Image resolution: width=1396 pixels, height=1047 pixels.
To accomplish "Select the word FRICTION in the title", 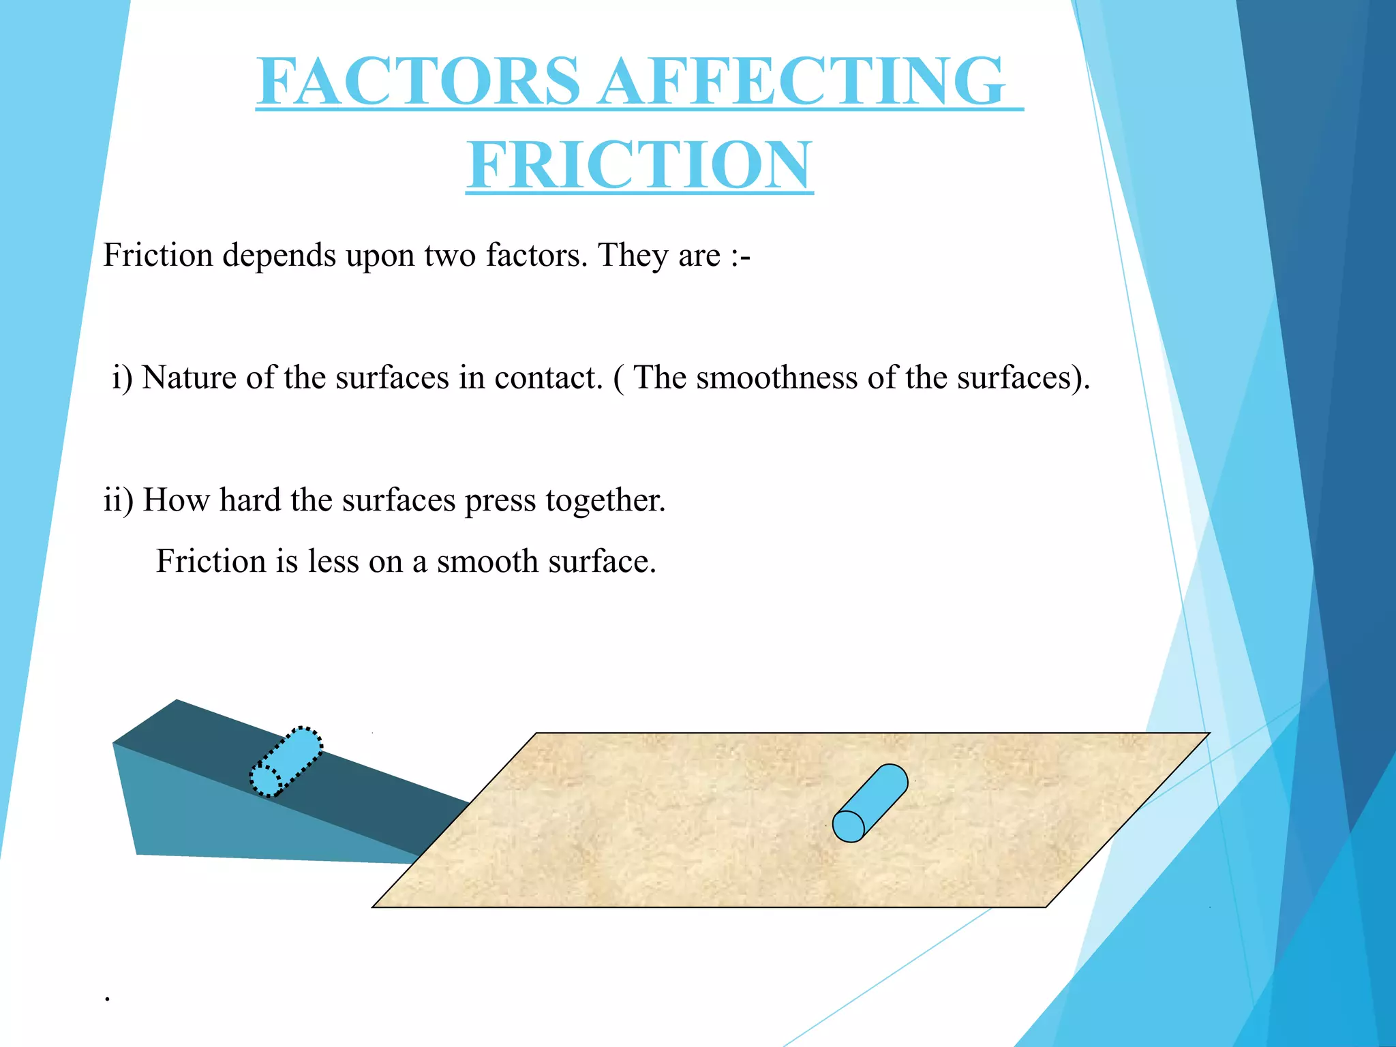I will click(x=639, y=165).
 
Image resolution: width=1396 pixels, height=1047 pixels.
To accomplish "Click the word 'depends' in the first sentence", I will click(x=279, y=256).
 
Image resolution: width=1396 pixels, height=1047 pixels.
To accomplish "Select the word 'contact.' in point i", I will click(x=548, y=378).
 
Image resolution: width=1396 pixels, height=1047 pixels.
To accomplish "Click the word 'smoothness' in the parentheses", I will click(x=776, y=378).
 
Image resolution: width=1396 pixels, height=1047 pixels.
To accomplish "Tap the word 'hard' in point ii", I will click(x=249, y=501).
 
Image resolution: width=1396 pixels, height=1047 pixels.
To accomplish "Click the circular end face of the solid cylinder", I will click(x=848, y=826).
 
